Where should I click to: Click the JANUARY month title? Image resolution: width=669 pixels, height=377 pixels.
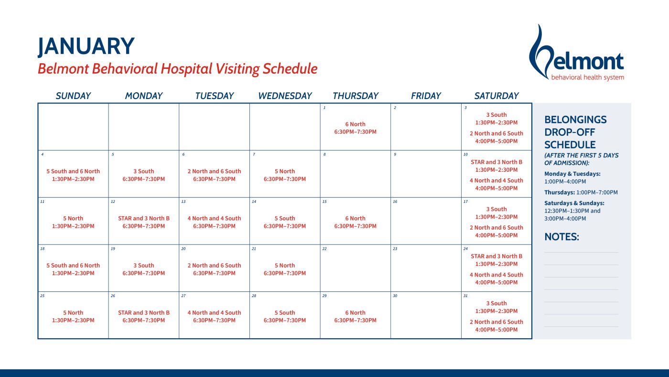click(86, 46)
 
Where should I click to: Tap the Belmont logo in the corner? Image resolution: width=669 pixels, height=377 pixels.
click(576, 53)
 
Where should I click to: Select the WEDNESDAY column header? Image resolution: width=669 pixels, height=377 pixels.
click(285, 96)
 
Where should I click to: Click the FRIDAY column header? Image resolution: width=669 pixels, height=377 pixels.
click(426, 96)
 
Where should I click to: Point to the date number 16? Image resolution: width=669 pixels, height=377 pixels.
click(395, 201)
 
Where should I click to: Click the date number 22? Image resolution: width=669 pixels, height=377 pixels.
click(324, 249)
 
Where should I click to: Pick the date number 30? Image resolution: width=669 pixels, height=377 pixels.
click(395, 296)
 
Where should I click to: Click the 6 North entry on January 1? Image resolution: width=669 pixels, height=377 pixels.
click(356, 124)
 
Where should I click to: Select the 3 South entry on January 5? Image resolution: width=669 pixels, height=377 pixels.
click(144, 171)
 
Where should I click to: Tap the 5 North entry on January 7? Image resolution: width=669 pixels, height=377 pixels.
click(285, 171)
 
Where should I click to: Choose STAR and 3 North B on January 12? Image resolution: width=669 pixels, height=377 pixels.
click(144, 218)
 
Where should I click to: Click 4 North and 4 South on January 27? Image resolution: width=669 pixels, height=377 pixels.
click(214, 312)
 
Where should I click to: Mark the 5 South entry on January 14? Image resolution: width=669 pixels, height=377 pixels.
click(285, 218)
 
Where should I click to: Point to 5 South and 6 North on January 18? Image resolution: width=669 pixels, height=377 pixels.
click(73, 265)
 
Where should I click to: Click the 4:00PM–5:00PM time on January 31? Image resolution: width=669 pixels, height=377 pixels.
click(496, 330)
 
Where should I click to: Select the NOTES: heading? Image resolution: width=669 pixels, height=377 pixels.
click(562, 237)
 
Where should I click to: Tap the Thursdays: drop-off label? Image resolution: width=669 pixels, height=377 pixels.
click(560, 192)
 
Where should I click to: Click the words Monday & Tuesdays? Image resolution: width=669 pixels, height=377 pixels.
click(572, 174)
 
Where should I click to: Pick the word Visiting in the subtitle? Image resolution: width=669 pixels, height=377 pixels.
click(237, 69)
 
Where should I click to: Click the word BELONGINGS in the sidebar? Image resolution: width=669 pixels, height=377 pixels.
click(575, 120)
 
